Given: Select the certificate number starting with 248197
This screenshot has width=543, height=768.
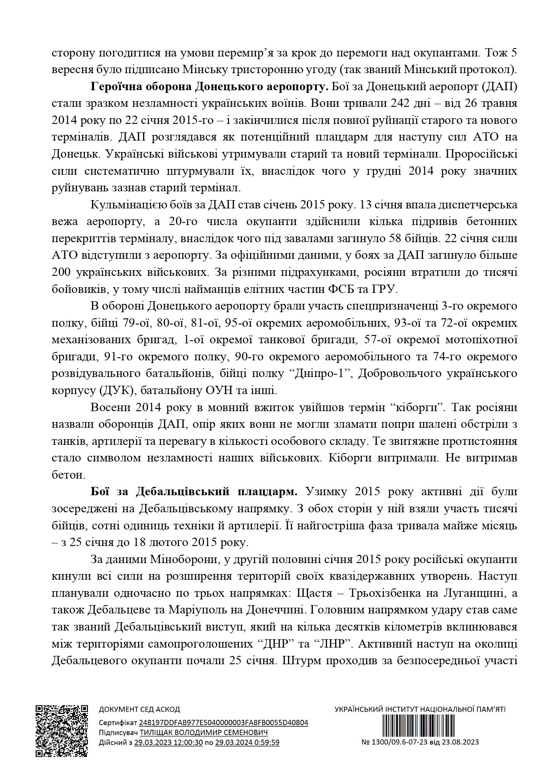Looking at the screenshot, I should click(x=223, y=723).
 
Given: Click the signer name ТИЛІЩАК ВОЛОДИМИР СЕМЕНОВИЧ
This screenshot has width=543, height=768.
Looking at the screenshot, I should click(x=203, y=733).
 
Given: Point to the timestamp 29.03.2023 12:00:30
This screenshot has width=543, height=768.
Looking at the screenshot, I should click(x=168, y=742).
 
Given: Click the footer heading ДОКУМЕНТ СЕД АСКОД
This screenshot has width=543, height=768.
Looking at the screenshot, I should click(x=139, y=710).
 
